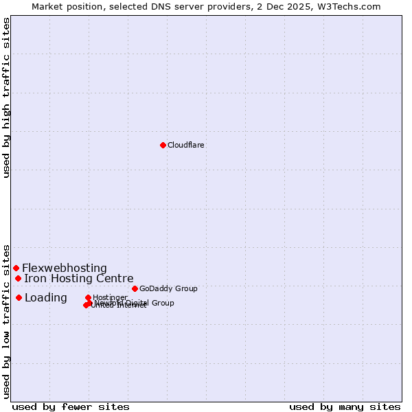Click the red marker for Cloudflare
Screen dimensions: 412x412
coord(163,145)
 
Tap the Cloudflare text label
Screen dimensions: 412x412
coord(186,145)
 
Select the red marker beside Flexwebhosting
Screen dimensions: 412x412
coord(16,268)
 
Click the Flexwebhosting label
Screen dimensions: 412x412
coord(65,268)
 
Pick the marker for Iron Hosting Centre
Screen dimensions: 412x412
coord(18,278)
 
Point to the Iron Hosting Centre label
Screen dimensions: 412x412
coord(79,278)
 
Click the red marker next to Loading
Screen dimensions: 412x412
coord(19,297)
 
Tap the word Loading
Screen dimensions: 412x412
coord(46,297)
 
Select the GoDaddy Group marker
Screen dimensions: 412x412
coord(135,288)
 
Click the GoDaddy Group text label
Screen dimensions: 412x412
coord(168,288)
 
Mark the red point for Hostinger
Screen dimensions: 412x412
coord(88,297)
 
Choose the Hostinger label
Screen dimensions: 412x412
coord(110,297)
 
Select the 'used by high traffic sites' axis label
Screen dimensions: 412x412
coord(6,98)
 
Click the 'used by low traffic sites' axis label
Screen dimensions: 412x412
coord(6,321)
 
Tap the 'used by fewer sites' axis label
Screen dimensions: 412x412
coord(71,407)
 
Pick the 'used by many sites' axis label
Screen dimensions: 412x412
coord(345,407)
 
